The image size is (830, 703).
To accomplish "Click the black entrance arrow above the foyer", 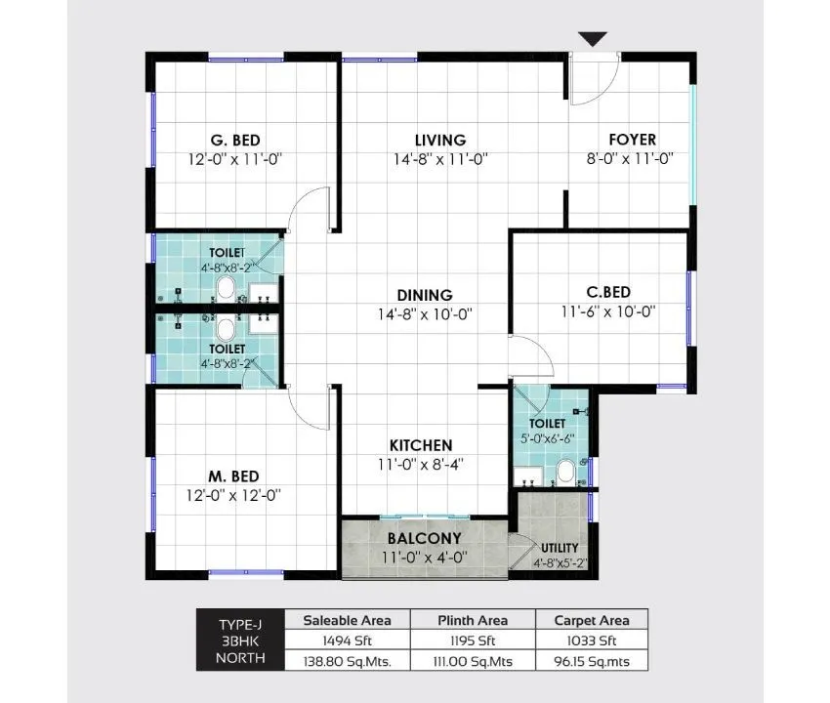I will click(593, 39).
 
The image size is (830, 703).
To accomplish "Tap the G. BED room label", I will click(234, 140).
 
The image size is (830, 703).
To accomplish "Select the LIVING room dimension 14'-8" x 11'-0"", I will click(438, 158).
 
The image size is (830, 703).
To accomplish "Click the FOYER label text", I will click(632, 140).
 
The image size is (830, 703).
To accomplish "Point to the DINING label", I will click(424, 295).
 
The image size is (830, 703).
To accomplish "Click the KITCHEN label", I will click(421, 445).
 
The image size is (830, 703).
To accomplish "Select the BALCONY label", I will click(424, 538).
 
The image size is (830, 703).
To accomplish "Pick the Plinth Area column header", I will click(473, 620).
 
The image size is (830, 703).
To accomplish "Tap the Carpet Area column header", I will click(592, 620).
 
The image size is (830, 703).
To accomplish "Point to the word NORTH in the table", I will click(239, 660).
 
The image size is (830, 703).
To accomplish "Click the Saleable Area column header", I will click(347, 620).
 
